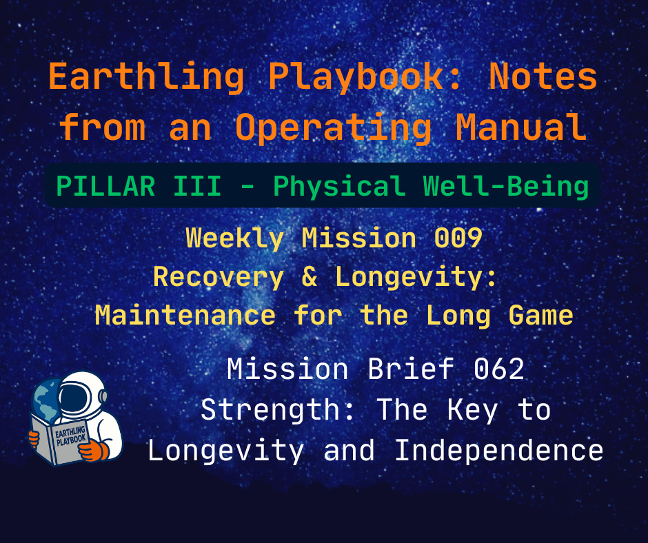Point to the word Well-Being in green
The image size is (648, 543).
507,186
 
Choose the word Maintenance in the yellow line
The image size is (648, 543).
185,316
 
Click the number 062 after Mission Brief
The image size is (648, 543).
498,370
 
